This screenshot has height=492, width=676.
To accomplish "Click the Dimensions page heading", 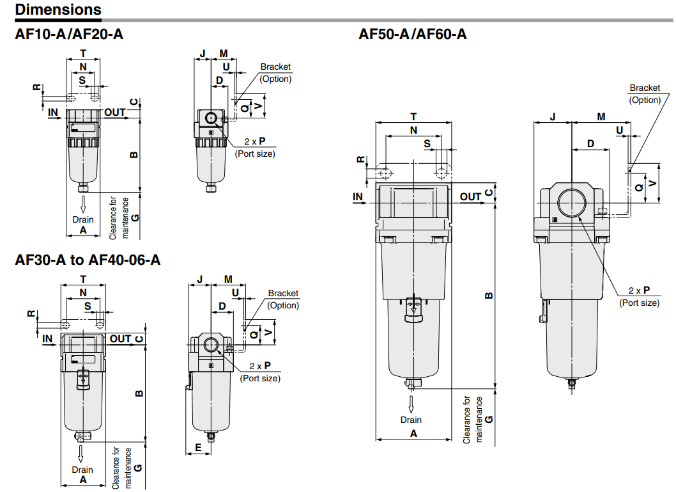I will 58,10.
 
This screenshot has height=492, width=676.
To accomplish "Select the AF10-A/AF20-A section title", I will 69,35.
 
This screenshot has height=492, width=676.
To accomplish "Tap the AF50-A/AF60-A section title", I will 413,35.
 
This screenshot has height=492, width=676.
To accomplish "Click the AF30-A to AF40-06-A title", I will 88,260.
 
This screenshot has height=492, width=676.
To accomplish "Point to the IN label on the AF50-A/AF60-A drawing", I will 358,196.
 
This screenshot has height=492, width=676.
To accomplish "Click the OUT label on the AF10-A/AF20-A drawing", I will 115,113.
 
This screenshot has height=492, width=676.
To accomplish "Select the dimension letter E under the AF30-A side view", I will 198,448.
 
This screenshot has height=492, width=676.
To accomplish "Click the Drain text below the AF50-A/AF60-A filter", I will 411,420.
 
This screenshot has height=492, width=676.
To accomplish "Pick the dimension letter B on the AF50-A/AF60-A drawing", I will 489,296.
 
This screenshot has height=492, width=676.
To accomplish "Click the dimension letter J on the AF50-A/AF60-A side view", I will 553,116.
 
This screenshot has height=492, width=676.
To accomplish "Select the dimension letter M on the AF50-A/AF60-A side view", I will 601,116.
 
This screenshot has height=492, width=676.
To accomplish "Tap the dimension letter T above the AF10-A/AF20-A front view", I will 82,52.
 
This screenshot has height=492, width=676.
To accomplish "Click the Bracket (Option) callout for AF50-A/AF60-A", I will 645,93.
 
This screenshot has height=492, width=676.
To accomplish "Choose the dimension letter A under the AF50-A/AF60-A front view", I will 413,433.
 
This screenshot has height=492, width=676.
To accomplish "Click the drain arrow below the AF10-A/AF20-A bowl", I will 83,204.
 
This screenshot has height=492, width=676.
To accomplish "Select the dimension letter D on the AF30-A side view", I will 222,306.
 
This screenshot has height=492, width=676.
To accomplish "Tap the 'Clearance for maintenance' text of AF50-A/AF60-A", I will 472,419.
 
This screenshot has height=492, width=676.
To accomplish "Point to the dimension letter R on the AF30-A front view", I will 31,313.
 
